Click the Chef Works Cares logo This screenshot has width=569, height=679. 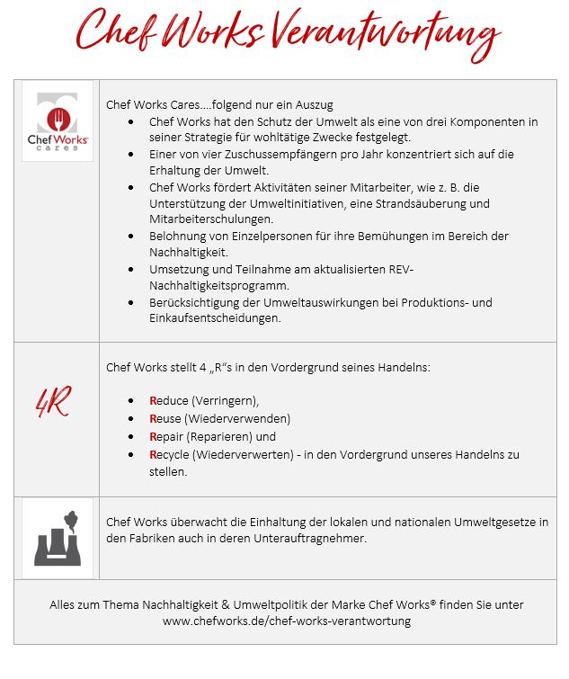point(58,121)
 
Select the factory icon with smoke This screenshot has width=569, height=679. point(58,538)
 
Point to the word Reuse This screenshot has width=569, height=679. point(166,418)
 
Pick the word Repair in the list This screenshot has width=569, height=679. point(168,436)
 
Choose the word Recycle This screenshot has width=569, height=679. point(170,454)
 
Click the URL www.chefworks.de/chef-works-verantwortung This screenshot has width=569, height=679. point(286,621)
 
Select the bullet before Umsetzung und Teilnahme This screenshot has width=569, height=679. point(133,269)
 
